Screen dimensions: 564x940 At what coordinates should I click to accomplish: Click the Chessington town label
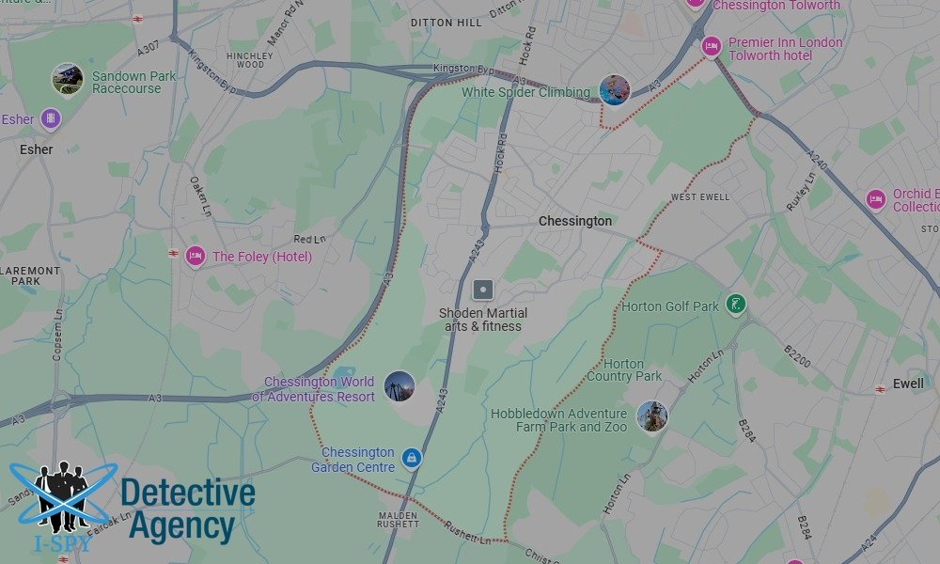pyautogui.click(x=574, y=222)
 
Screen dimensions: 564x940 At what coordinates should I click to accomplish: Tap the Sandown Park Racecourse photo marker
pyautogui.click(x=68, y=78)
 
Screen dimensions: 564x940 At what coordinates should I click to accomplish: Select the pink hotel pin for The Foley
pyautogui.click(x=196, y=256)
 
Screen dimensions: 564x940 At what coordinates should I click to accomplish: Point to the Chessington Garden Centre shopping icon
pyautogui.click(x=411, y=458)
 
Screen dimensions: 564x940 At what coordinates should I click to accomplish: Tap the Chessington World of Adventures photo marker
pyautogui.click(x=399, y=386)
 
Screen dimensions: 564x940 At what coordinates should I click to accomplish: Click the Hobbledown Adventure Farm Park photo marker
pyautogui.click(x=651, y=415)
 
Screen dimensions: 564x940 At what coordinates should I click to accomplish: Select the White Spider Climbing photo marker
pyautogui.click(x=614, y=90)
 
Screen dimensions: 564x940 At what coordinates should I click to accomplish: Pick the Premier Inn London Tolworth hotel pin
pyautogui.click(x=713, y=45)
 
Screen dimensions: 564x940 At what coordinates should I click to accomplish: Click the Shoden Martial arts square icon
pyautogui.click(x=483, y=290)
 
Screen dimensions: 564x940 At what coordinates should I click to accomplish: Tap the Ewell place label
pyautogui.click(x=908, y=384)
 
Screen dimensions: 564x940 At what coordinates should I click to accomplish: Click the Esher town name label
pyautogui.click(x=37, y=149)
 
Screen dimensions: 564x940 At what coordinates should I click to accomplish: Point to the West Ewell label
pyautogui.click(x=699, y=197)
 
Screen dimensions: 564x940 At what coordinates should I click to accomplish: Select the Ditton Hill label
pyautogui.click(x=446, y=23)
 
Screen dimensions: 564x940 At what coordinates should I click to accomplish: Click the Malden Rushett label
pyautogui.click(x=398, y=521)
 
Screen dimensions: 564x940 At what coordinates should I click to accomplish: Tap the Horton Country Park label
pyautogui.click(x=624, y=370)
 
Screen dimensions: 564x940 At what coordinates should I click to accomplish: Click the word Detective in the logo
pyautogui.click(x=188, y=493)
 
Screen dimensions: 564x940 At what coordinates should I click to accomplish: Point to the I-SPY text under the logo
pyautogui.click(x=64, y=542)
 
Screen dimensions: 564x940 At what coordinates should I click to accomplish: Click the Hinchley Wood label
pyautogui.click(x=250, y=60)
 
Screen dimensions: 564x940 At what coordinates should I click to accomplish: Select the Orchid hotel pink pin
pyautogui.click(x=876, y=199)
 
